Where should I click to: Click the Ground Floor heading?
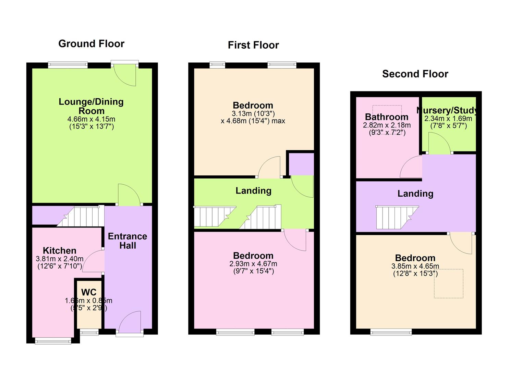(91, 44)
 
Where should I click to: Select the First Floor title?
(253, 45)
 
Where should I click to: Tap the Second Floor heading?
(415, 74)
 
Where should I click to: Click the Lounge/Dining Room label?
(91, 106)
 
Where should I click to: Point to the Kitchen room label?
(60, 250)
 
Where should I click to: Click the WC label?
(89, 292)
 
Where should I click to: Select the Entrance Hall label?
(128, 241)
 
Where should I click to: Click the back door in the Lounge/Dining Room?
(125, 74)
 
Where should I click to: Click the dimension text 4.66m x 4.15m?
(91, 119)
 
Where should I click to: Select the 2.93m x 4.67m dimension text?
(253, 264)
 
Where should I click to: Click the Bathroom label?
(387, 117)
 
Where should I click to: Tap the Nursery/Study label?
(447, 110)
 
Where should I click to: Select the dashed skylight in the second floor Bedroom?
(449, 283)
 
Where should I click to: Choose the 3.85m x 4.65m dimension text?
(415, 266)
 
